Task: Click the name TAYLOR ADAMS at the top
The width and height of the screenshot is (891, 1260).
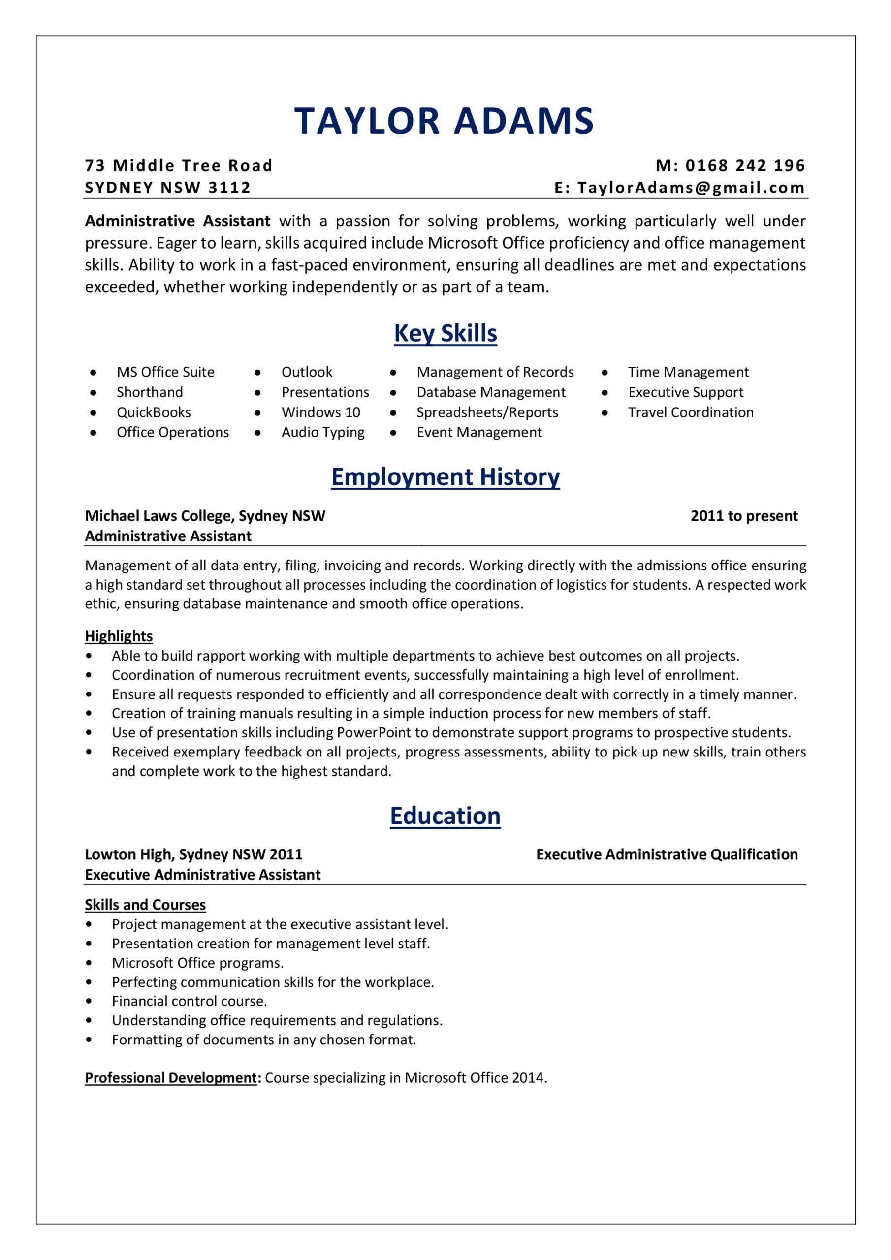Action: tap(444, 121)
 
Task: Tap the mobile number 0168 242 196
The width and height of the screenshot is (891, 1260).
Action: tap(745, 166)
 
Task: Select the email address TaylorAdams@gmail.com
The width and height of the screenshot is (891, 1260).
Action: tap(691, 188)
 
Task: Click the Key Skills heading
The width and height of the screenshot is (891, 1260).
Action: tap(445, 333)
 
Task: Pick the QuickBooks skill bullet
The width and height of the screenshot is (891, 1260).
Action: tap(154, 412)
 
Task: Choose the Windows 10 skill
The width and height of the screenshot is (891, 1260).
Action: tap(320, 412)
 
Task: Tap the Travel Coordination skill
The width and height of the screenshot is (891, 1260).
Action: tap(691, 412)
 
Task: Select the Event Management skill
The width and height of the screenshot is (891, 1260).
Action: tap(478, 433)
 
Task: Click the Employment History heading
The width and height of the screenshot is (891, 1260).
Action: tap(445, 477)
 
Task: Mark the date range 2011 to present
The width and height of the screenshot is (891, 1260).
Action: tap(744, 516)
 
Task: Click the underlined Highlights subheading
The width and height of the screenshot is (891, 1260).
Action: tap(119, 636)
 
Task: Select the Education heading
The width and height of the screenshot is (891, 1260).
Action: tap(445, 816)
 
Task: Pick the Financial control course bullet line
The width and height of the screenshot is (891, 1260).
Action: tap(190, 1001)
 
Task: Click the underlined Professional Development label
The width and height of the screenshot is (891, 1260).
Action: tap(171, 1078)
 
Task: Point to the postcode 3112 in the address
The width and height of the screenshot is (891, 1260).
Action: tap(229, 188)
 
